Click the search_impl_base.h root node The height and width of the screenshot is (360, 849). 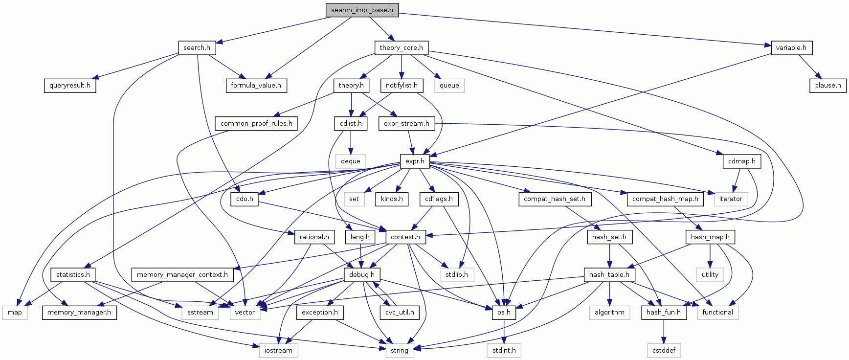point(362,10)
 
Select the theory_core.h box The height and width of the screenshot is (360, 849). point(402,47)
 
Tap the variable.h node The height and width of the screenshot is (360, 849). point(791,47)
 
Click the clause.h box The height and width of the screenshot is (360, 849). point(828,85)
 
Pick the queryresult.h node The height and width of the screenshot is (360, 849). point(70,85)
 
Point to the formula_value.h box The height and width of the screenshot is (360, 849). point(256,85)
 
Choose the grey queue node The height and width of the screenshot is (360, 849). point(449,85)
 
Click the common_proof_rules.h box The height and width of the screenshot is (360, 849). point(256,123)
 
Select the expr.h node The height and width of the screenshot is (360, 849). point(415,161)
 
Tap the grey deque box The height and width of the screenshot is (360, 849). point(350,161)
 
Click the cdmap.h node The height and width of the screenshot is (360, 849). point(741,161)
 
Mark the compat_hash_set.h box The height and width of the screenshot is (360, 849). point(554,199)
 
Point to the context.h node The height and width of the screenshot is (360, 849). point(405,237)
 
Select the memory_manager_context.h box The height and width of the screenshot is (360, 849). point(182,274)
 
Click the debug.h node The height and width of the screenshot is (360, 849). point(362,274)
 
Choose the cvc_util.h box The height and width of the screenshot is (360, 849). point(400,312)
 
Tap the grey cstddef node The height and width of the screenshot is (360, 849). point(664,350)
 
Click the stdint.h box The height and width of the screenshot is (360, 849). point(504,350)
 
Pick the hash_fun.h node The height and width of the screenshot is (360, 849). point(664,312)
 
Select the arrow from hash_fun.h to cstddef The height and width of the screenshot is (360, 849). point(664,331)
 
